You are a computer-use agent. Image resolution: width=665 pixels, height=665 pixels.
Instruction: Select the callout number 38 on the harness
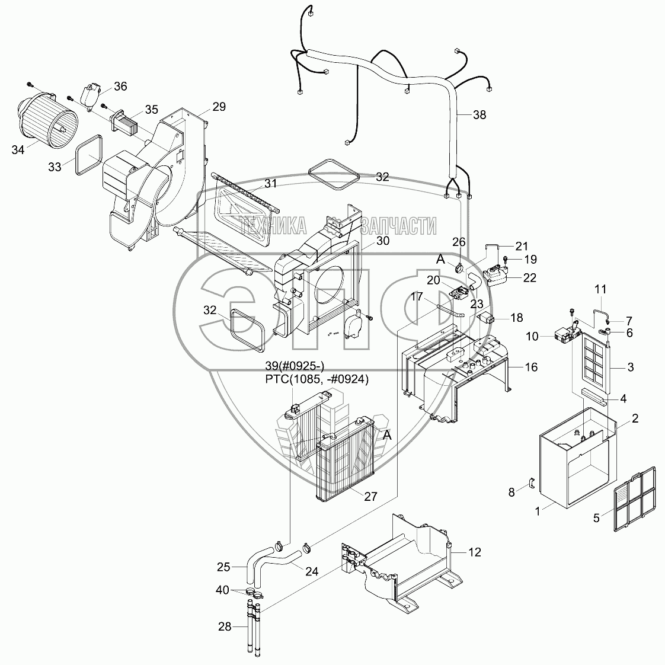(479, 115)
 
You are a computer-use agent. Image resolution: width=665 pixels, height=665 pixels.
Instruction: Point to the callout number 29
(219, 107)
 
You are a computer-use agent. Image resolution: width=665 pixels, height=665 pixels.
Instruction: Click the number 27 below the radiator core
(370, 497)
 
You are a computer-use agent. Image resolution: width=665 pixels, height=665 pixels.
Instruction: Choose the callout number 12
(474, 552)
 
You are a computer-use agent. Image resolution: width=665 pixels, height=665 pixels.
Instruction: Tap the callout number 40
(223, 590)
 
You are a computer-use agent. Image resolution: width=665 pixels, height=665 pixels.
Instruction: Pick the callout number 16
(530, 367)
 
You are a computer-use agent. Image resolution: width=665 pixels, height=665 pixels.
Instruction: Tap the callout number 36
(120, 87)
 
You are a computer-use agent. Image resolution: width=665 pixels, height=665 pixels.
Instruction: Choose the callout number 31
(270, 184)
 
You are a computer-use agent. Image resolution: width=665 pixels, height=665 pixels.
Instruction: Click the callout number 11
(600, 289)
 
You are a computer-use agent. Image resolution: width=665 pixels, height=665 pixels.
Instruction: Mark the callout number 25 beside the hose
(223, 567)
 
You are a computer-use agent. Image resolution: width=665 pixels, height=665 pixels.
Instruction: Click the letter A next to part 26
(440, 258)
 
